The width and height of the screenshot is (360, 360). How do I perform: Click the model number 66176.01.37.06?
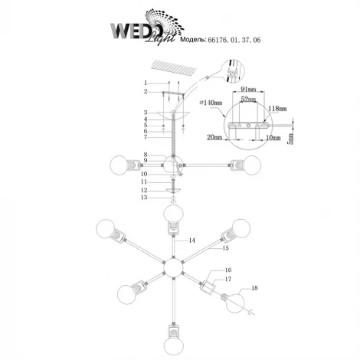click(x=234, y=40)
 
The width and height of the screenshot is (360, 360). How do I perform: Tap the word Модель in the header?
click(x=193, y=40)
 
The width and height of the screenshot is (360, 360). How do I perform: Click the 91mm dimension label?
click(x=248, y=89)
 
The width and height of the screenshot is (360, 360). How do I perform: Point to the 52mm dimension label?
click(x=248, y=100)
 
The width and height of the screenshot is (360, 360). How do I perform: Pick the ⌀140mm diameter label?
click(x=211, y=103)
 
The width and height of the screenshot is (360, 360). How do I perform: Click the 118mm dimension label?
click(x=277, y=109)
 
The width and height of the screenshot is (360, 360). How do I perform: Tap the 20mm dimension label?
click(x=214, y=137)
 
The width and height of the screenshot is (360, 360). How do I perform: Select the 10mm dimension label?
click(x=273, y=138)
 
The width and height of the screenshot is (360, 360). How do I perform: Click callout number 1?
click(x=146, y=83)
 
